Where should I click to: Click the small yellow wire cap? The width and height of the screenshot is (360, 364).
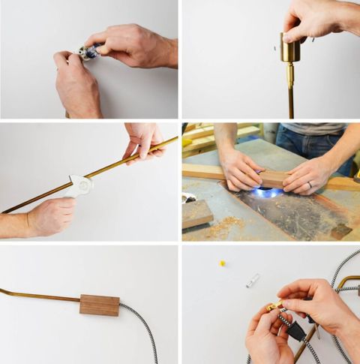point(222,263)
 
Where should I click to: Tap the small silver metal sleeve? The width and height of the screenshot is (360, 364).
point(253,280)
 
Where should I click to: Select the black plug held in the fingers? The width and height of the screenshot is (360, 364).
point(295,330)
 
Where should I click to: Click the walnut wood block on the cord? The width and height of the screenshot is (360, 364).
point(100,305)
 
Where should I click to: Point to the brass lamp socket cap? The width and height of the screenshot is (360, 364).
point(289,51)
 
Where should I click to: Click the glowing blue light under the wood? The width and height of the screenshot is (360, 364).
point(267,193)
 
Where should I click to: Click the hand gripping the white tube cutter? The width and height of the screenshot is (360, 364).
point(49,217)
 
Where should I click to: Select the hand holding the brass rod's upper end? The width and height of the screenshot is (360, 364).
point(145,139)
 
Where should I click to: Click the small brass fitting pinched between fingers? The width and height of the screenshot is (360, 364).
point(274,305)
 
